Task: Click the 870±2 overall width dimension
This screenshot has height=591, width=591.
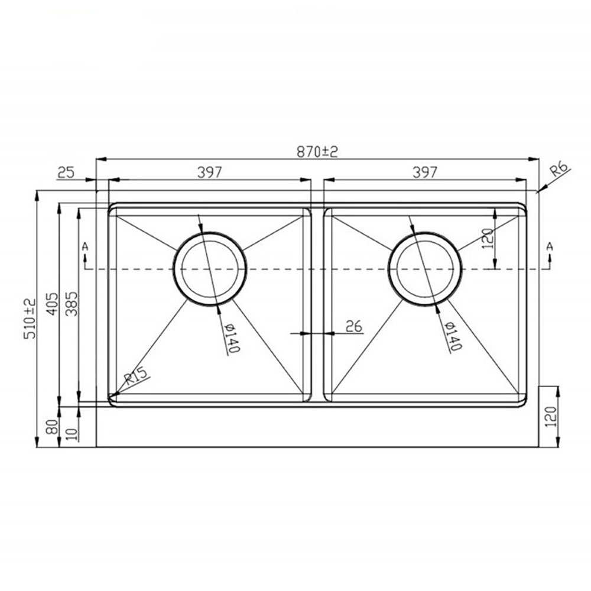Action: pyautogui.click(x=317, y=151)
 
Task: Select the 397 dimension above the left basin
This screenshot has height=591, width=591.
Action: pyautogui.click(x=210, y=172)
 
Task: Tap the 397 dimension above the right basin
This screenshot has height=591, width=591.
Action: pyautogui.click(x=425, y=172)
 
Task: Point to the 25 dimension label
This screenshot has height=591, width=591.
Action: pyautogui.click(x=66, y=173)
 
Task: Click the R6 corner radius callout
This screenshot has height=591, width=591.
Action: pyautogui.click(x=559, y=169)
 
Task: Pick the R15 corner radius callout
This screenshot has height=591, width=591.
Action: pyautogui.click(x=136, y=376)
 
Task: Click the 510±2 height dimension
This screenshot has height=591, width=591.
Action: pyautogui.click(x=30, y=319)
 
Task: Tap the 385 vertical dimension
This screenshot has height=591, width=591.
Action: pyautogui.click(x=72, y=304)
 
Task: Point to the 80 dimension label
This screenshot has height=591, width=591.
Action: pyautogui.click(x=53, y=427)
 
